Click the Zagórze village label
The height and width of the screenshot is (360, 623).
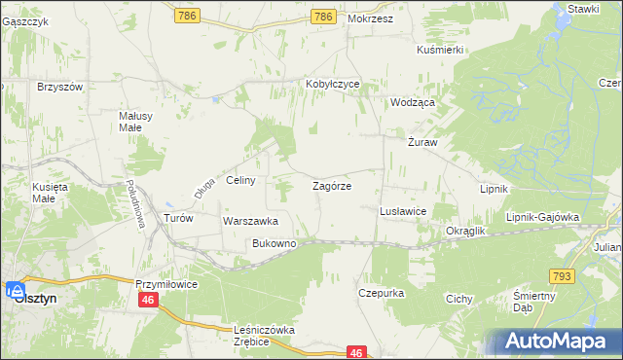point(332,185)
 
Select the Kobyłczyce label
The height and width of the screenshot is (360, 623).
point(333,85)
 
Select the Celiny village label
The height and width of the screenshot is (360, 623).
point(240,181)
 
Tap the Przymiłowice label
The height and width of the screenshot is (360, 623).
point(166,283)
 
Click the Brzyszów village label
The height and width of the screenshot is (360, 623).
point(60,87)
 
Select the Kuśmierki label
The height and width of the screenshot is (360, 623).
point(439,50)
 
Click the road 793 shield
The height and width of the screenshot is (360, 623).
point(588,277)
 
